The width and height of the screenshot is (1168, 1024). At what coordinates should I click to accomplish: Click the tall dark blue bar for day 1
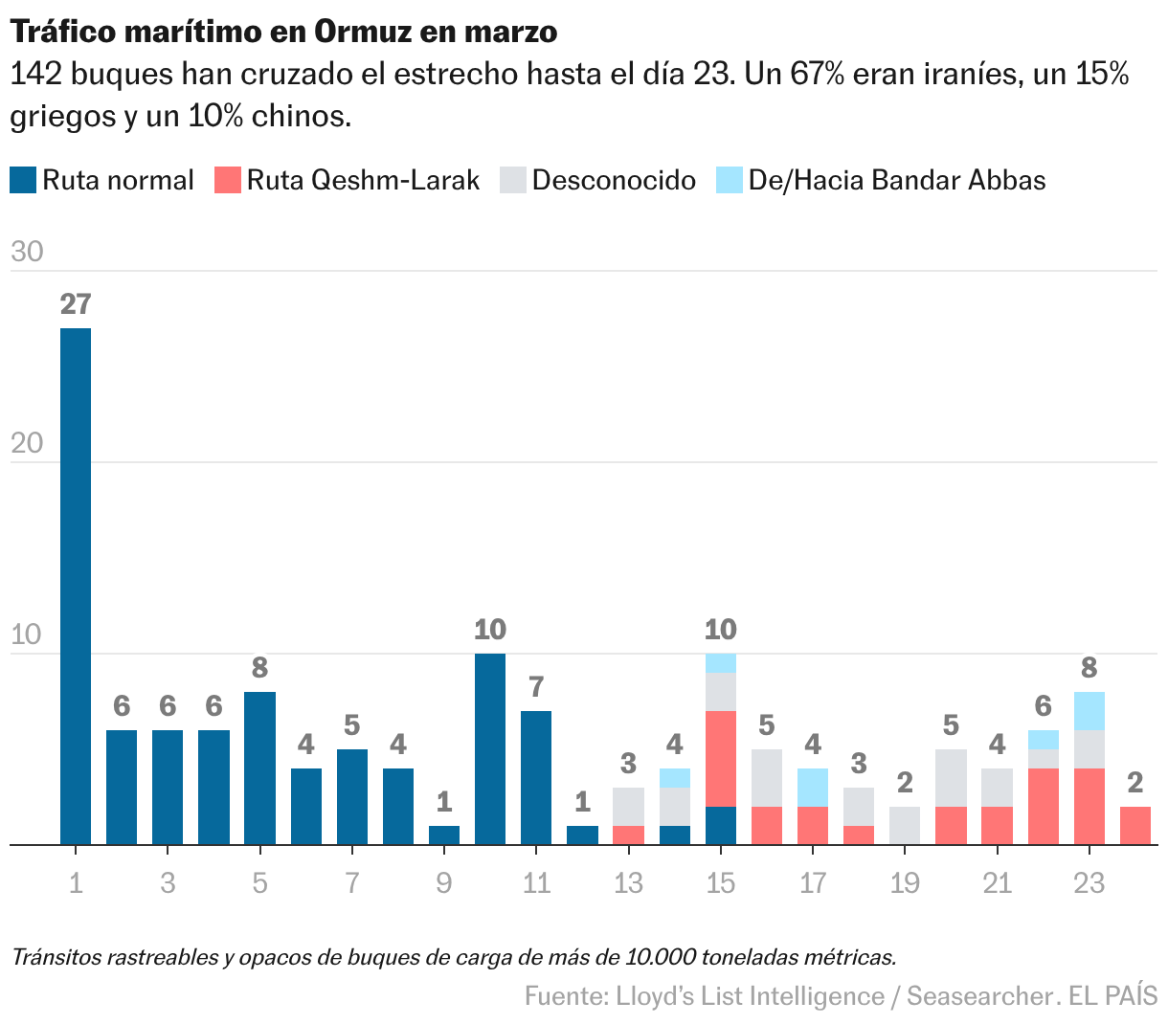point(76,586)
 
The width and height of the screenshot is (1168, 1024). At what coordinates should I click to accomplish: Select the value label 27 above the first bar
point(76,304)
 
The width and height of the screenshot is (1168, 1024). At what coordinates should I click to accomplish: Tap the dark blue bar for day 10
point(490,748)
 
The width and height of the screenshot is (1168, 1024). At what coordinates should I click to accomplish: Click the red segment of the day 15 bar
point(721,758)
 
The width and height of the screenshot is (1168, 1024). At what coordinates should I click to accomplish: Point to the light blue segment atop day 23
point(1089,711)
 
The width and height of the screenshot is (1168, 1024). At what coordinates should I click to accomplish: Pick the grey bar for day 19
point(905,825)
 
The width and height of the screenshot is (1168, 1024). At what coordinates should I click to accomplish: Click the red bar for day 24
point(1134,825)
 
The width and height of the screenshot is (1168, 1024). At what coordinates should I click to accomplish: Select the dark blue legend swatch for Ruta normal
point(23,180)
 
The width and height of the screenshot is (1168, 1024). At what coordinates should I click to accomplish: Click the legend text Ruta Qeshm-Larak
point(363,180)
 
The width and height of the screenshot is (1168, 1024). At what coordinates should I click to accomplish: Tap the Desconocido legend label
point(614,180)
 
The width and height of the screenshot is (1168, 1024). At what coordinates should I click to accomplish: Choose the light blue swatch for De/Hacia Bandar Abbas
point(730,180)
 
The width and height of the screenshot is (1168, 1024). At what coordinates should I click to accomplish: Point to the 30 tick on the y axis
point(27,252)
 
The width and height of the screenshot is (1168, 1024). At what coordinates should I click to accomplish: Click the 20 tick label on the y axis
point(27,443)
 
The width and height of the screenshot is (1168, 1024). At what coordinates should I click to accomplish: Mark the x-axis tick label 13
point(628,882)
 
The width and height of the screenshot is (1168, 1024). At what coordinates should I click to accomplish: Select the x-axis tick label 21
point(997,882)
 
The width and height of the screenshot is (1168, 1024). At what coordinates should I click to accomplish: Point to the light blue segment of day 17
point(813,787)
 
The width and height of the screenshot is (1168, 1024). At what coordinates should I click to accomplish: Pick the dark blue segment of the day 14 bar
point(675,835)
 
